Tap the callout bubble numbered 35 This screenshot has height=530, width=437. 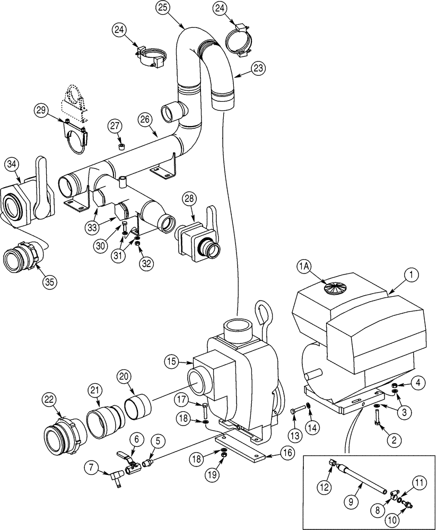click(x=50, y=281)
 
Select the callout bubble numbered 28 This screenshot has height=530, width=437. click(x=189, y=200)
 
